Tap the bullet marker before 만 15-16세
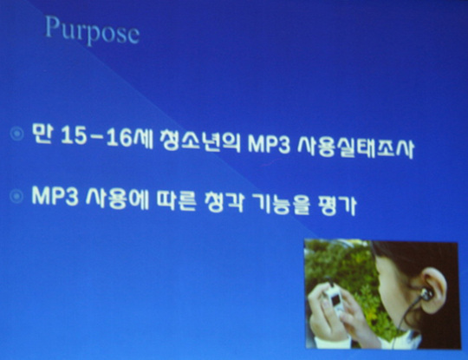click(17, 134)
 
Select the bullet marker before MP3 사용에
click(16, 196)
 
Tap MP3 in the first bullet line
click(269, 145)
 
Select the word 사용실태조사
click(356, 147)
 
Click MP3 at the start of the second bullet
click(55, 196)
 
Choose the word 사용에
click(117, 199)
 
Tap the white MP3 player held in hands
click(335, 298)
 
